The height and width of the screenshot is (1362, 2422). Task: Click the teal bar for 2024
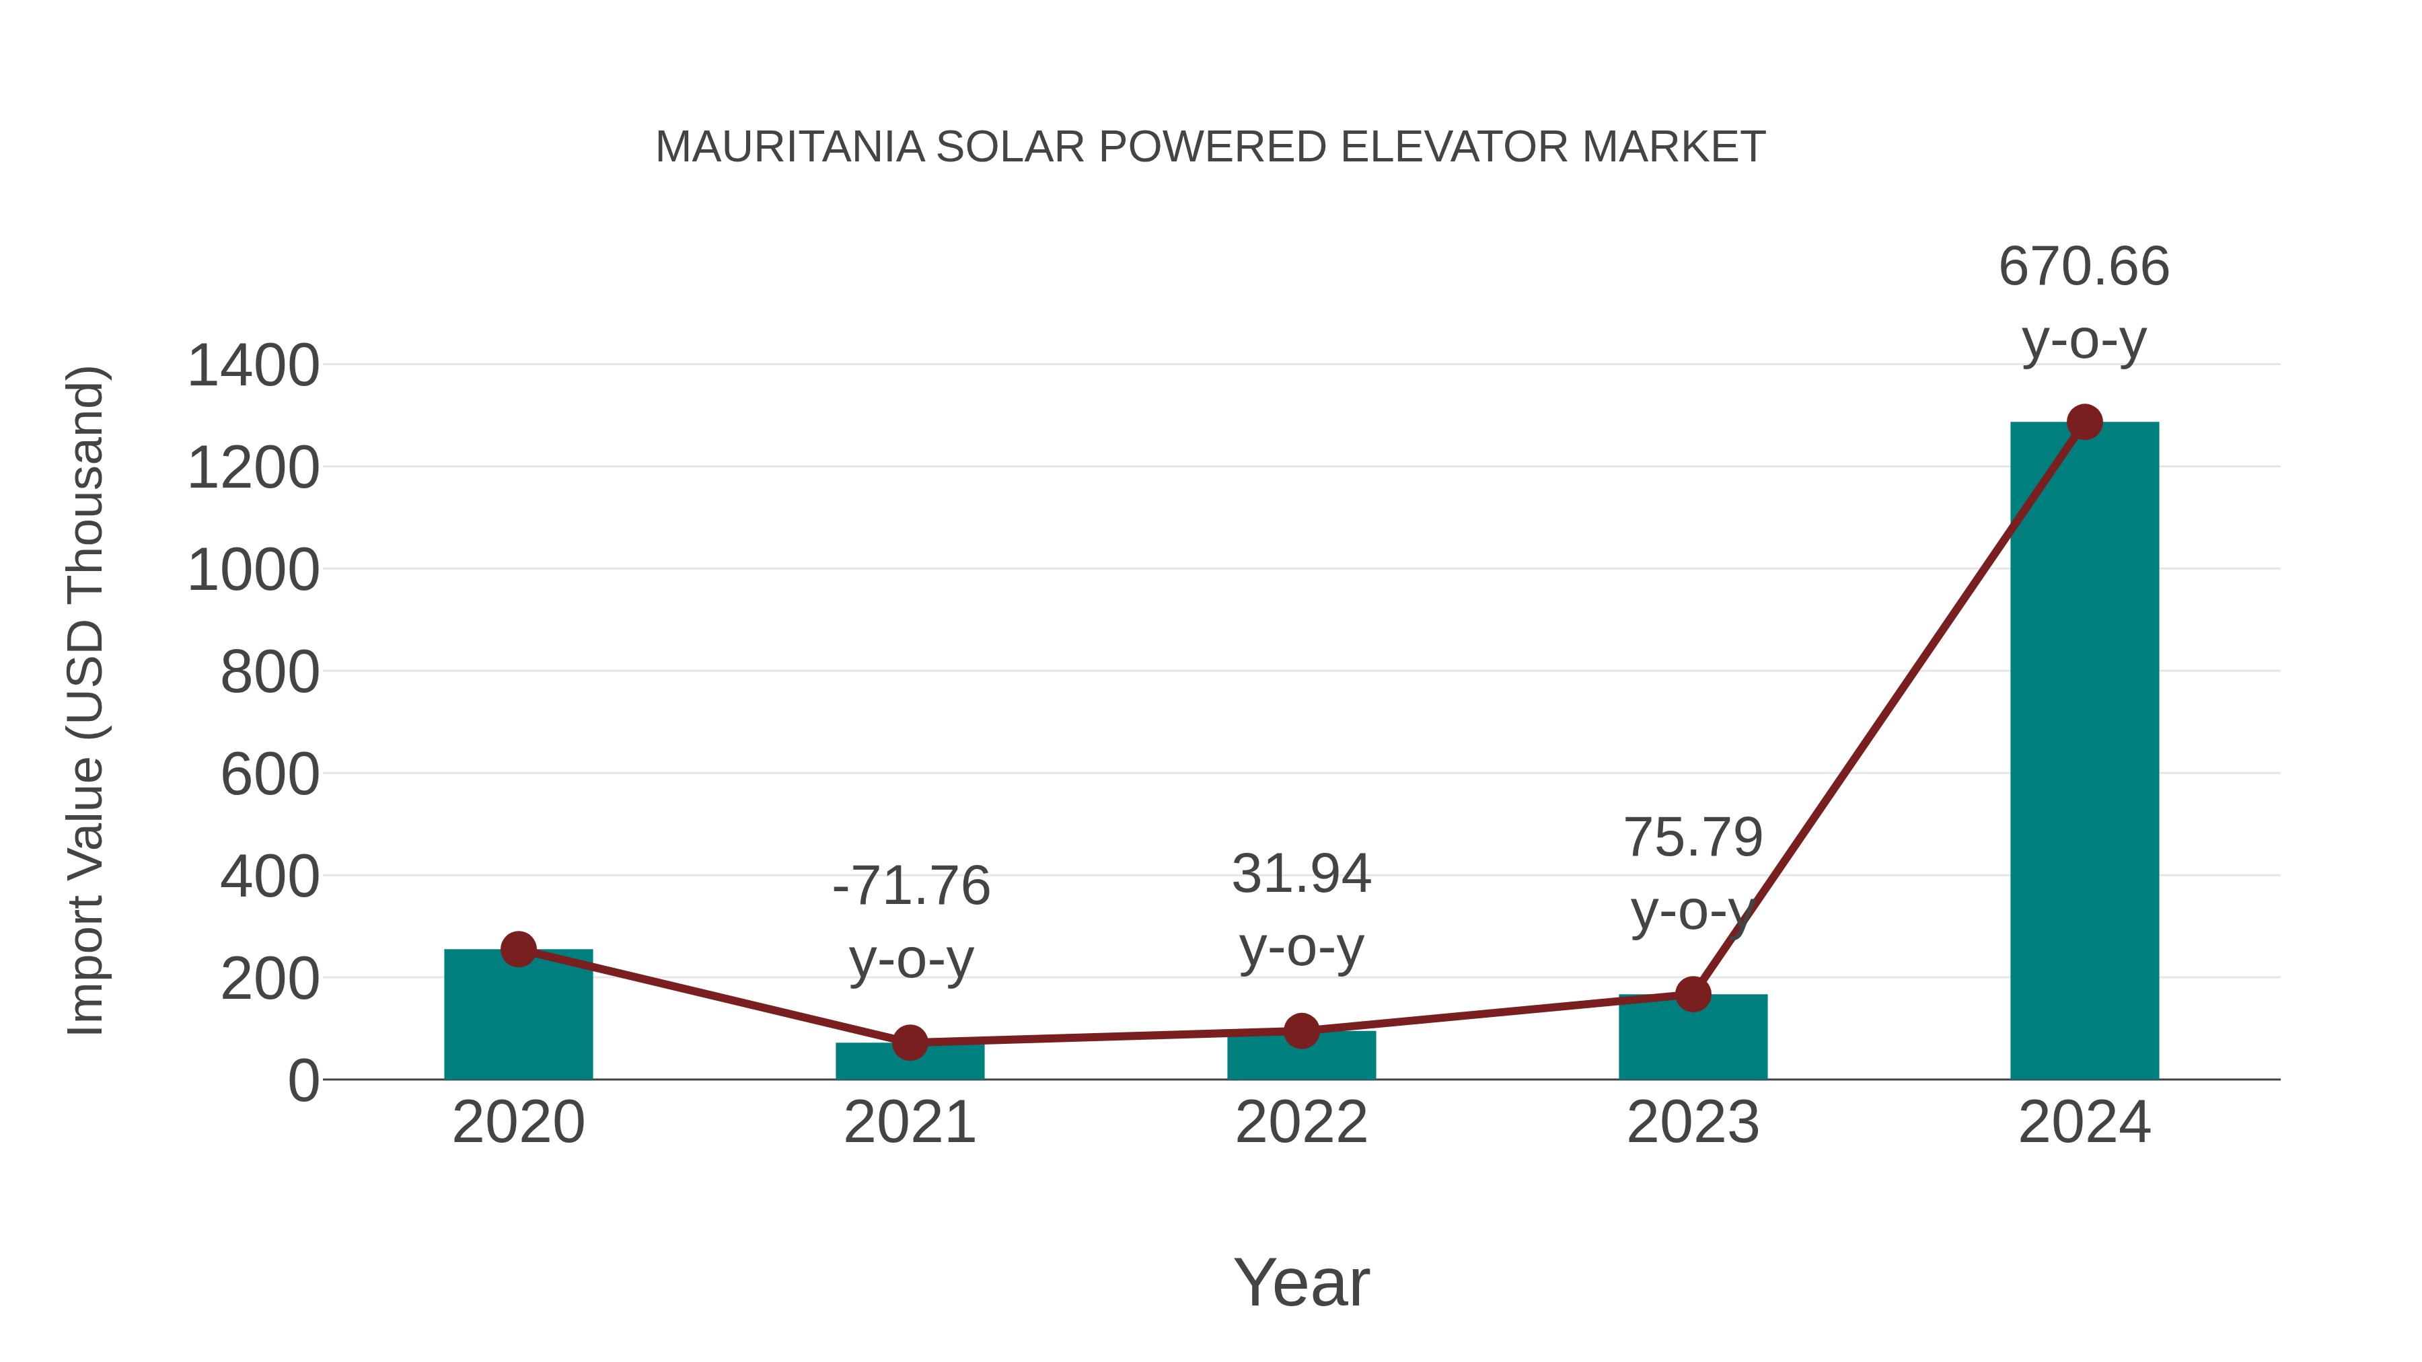click(2084, 752)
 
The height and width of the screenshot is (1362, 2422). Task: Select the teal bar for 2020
click(518, 1015)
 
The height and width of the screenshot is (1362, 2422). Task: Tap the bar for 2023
click(1693, 1038)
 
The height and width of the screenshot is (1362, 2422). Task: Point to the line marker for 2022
click(1300, 1031)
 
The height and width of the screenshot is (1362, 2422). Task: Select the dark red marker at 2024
click(2084, 422)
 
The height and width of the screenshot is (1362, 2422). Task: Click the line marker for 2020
click(518, 949)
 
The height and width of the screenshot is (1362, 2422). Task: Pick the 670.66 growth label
click(2084, 267)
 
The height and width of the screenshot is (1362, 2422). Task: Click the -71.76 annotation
click(911, 886)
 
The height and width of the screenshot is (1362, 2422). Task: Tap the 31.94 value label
click(1301, 874)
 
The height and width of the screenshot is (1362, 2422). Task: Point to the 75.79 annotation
click(1693, 837)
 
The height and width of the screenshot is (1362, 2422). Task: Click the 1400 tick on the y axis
click(254, 366)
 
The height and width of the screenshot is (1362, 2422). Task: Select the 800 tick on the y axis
click(270, 673)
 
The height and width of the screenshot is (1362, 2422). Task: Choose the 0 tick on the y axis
click(303, 1081)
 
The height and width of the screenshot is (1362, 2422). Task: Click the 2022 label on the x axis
click(1300, 1123)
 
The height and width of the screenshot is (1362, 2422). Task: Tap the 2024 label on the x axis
click(2084, 1123)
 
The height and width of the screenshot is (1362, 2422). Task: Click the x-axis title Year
click(1301, 1283)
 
